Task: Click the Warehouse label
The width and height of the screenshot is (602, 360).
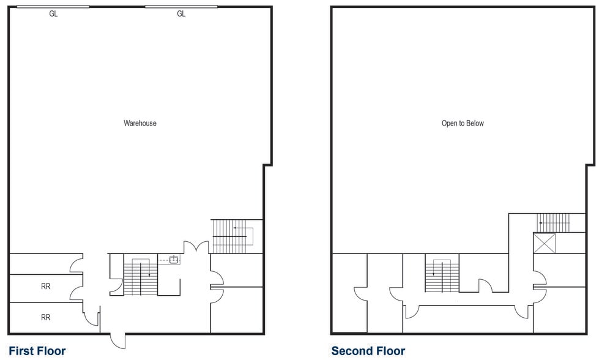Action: coord(140,123)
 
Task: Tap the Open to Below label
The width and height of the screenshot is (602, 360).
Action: coord(463,123)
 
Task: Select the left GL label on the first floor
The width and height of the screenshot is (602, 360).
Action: coord(53,14)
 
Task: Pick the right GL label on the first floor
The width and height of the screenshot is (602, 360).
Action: coord(181,14)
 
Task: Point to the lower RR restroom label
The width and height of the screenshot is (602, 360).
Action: coord(45,317)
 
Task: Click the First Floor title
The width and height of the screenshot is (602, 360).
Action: coord(37,351)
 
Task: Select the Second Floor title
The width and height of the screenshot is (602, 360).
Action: coord(368,351)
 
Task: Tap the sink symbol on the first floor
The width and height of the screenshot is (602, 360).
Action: coord(174,260)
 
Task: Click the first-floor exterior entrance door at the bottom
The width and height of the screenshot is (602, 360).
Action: coord(118,340)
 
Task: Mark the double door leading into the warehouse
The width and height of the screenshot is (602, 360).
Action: coord(197,247)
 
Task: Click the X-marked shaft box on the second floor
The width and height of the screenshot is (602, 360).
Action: coord(543,243)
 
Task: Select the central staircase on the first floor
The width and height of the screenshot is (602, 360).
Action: coord(140,277)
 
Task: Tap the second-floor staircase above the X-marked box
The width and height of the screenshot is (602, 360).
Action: coord(553,223)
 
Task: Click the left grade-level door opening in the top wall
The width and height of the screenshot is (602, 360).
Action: coord(53,7)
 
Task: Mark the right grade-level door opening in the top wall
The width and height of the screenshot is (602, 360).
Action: coord(181,7)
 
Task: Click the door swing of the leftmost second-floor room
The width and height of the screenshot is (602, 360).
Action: coord(359,294)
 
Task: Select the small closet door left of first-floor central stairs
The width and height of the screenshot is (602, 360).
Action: coord(115,284)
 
